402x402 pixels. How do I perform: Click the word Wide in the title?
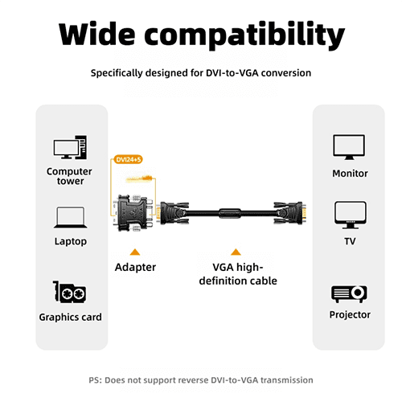pyautogui.click(x=96, y=34)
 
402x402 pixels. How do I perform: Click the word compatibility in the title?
pyautogui.click(x=244, y=35)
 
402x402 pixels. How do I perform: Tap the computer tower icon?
pyautogui.click(x=70, y=147)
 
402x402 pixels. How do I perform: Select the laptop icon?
pyautogui.click(x=70, y=217)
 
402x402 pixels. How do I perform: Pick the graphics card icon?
pyautogui.click(x=69, y=292)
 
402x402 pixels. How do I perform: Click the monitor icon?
pyautogui.click(x=349, y=147)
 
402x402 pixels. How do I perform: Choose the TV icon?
pyautogui.click(x=351, y=215)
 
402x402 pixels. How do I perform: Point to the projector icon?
pyautogui.click(x=349, y=294)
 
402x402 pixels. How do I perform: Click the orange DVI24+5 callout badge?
pyautogui.click(x=128, y=159)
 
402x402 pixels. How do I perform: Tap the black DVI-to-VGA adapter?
pyautogui.click(x=133, y=213)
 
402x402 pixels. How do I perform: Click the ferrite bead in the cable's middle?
pyautogui.click(x=230, y=213)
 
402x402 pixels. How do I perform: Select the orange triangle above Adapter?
pyautogui.click(x=135, y=252)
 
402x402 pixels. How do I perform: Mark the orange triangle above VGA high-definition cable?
pyautogui.click(x=236, y=252)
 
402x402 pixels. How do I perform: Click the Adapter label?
pyautogui.click(x=135, y=267)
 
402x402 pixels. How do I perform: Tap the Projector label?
pyautogui.click(x=350, y=314)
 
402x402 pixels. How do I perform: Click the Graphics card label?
pyautogui.click(x=70, y=317)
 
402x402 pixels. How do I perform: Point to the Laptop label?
pyautogui.click(x=71, y=241)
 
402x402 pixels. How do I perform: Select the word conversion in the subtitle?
pyautogui.click(x=286, y=73)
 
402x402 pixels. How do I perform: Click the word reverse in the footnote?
pyautogui.click(x=194, y=380)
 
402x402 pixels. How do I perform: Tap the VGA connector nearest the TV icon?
pyautogui.click(x=290, y=213)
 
